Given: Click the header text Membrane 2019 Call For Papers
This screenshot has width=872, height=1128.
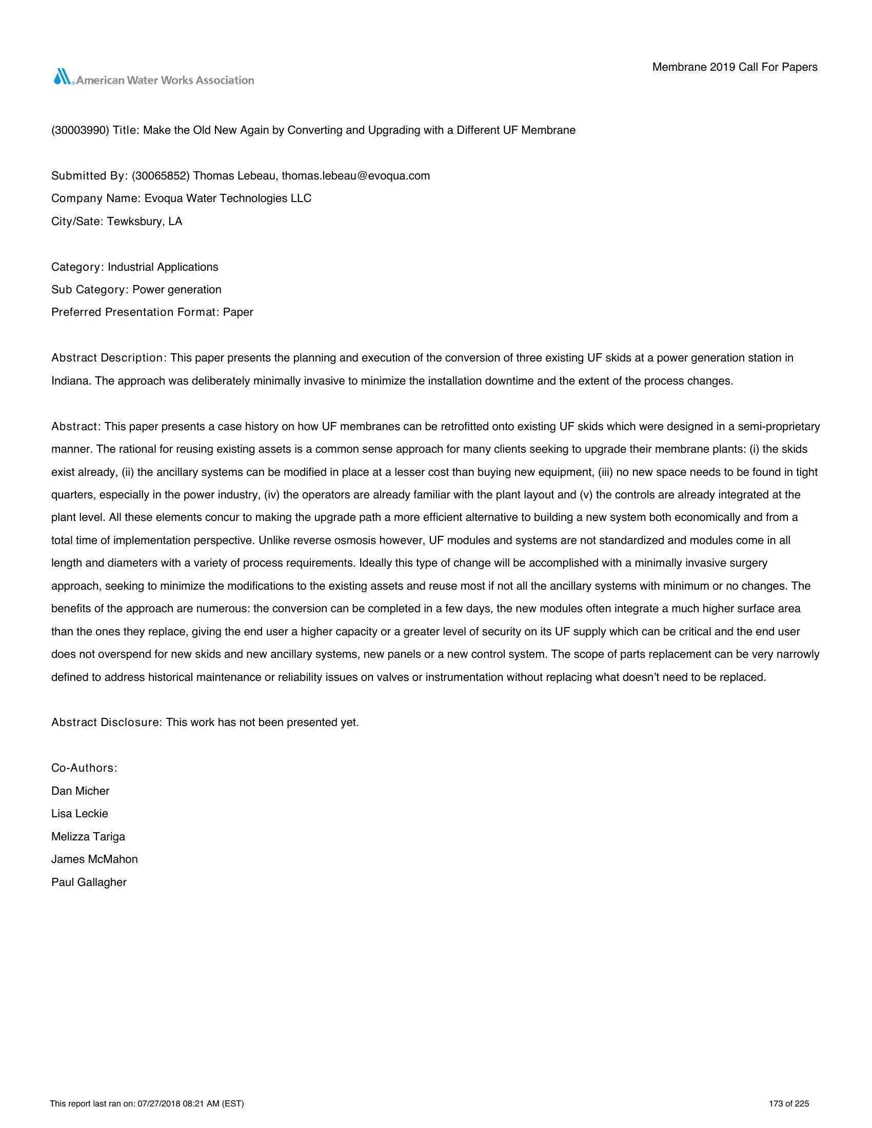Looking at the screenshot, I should click(734, 67).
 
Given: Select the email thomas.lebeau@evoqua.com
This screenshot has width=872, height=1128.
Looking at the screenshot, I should click(355, 176).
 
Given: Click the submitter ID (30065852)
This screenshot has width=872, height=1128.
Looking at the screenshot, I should click(161, 176).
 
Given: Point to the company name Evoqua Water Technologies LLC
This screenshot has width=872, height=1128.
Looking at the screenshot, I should click(227, 199).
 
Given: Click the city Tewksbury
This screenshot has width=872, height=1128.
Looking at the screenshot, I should click(135, 221).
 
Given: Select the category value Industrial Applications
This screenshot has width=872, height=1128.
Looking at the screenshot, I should click(163, 267).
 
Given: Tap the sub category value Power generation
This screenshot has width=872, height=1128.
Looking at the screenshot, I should click(176, 290).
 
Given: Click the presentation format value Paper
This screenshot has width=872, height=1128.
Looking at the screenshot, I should click(238, 312).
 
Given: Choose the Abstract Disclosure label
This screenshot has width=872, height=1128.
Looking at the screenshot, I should click(107, 722).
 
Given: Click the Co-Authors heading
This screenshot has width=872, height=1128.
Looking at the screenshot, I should click(84, 768).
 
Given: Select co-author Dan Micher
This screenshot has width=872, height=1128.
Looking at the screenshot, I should click(80, 791).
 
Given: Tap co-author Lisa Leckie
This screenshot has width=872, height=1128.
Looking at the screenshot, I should click(80, 814).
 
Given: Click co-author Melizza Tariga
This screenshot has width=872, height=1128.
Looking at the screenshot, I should click(88, 837).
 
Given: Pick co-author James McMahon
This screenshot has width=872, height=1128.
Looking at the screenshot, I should click(94, 859).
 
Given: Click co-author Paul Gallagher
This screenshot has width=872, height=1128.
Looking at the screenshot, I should click(89, 882).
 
